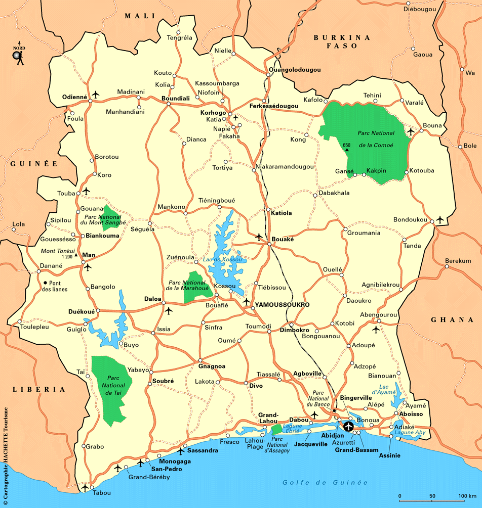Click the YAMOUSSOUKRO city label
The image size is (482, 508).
click(x=282, y=305)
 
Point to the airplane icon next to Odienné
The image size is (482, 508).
click(x=96, y=95)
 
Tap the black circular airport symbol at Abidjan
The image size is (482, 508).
click(x=348, y=426)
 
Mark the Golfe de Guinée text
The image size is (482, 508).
click(x=325, y=482)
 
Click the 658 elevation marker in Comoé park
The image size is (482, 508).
click(x=347, y=147)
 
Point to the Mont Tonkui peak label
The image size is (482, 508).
click(x=58, y=251)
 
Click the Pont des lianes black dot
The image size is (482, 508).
click(x=45, y=283)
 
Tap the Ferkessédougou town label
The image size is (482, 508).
click(x=273, y=107)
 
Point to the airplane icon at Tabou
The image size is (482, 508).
click(x=85, y=487)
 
